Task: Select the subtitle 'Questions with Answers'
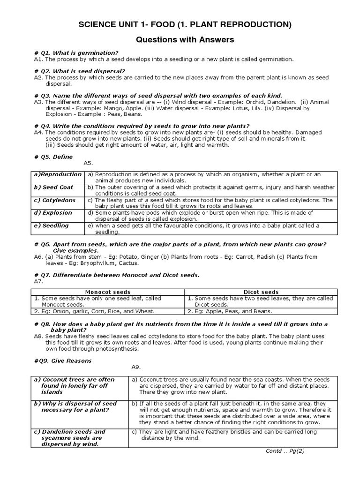pos(184,40)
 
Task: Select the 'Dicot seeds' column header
pos(261,292)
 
